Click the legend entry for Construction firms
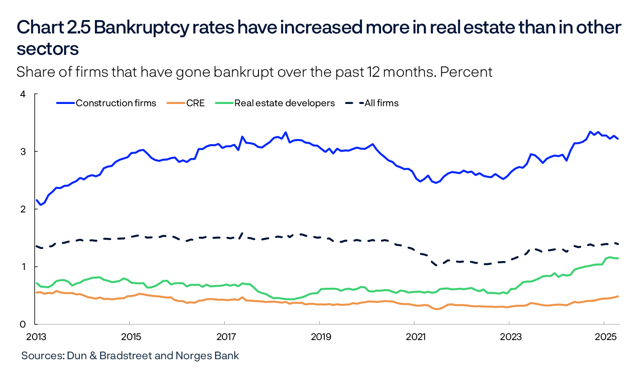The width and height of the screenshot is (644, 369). [116, 103]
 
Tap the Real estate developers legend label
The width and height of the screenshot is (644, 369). [284, 103]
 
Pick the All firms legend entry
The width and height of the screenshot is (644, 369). [381, 103]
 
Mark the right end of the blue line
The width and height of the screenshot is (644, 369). [618, 139]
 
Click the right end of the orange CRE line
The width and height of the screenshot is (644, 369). [618, 296]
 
